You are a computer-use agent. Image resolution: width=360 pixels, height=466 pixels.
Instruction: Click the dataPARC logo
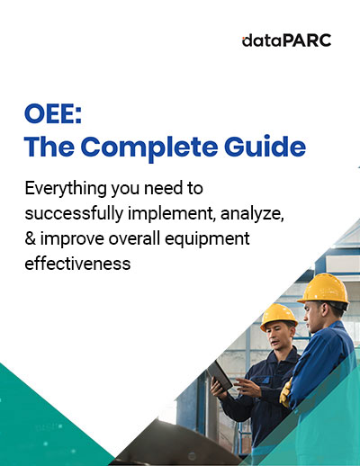tap(286, 40)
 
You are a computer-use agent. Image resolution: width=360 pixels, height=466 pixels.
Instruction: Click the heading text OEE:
tap(53, 114)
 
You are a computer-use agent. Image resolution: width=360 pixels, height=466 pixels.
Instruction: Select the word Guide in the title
tap(265, 147)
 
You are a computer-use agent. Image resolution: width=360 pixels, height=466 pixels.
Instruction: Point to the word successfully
tap(74, 214)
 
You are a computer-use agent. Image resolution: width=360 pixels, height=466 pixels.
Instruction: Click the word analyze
tap(252, 214)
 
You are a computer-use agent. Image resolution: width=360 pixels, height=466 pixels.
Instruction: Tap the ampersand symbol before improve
tap(31, 238)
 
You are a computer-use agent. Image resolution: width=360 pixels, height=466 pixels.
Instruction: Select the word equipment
tap(207, 239)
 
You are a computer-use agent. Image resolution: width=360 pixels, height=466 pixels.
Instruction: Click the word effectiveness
tap(77, 264)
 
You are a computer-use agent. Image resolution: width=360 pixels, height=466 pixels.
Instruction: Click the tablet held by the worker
tap(220, 375)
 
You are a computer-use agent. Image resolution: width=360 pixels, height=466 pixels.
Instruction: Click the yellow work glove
tap(285, 392)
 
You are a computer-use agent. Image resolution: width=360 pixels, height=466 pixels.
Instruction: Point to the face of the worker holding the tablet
tap(277, 336)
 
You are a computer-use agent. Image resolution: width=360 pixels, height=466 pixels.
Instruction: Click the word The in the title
tap(49, 147)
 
